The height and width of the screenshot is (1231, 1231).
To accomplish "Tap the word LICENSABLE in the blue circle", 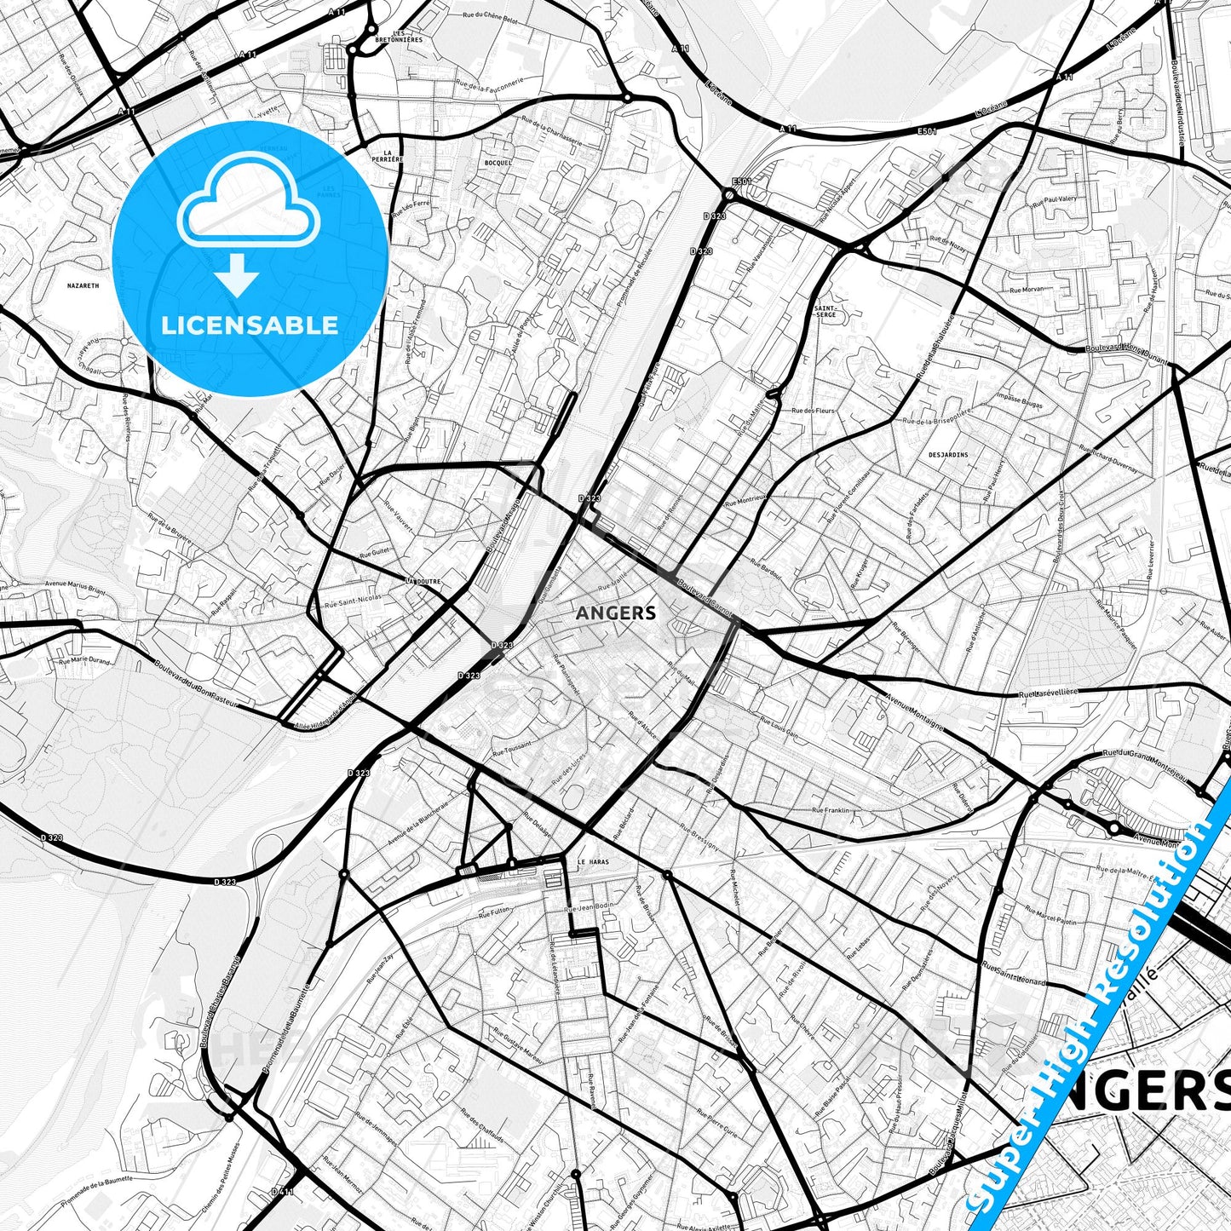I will click(250, 325).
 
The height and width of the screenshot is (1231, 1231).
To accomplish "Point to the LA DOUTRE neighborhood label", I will click(423, 582).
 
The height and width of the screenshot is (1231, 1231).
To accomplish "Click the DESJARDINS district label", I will click(947, 454).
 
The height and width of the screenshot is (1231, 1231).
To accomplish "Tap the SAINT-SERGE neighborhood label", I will click(825, 311).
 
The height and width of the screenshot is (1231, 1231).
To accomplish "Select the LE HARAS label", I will click(593, 862).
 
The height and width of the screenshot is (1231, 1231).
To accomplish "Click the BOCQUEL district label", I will click(498, 162).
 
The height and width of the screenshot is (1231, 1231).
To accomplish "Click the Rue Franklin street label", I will click(831, 809).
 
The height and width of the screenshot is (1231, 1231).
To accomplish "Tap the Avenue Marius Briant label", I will click(75, 590).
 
